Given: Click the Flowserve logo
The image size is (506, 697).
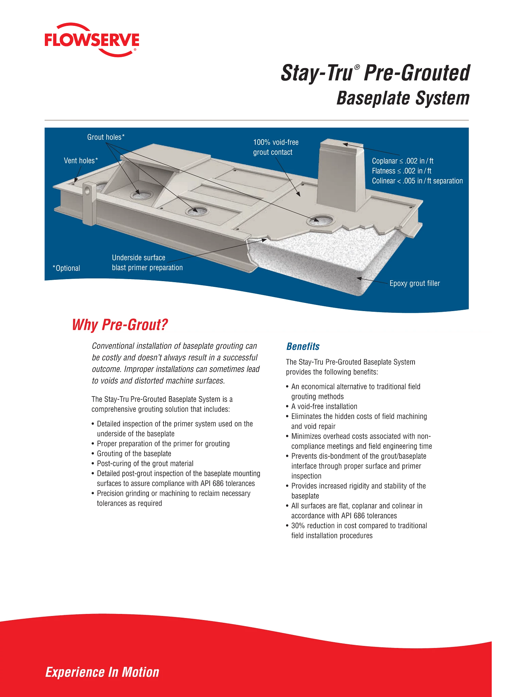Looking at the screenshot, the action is (92, 40).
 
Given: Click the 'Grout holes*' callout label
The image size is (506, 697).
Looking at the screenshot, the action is (106, 137).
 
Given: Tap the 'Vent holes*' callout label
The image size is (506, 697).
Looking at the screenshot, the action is (81, 161).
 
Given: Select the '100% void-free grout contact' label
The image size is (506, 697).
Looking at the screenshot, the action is (276, 147).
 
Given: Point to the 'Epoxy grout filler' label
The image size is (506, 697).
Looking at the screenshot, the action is (415, 283).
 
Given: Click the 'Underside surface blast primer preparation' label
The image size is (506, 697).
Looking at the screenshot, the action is (147, 262).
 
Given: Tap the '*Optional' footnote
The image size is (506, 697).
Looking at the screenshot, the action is (66, 268).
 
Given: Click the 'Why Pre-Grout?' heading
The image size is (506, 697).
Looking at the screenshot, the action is (120, 325).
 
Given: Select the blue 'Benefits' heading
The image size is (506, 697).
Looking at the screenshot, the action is (303, 346).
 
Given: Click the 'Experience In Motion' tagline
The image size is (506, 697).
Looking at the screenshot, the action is (102, 672).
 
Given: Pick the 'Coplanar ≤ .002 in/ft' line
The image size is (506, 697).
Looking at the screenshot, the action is (403, 161).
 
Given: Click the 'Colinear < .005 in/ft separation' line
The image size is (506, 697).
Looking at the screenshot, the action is (417, 181).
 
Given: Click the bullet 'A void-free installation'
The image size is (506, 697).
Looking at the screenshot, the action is (321, 406).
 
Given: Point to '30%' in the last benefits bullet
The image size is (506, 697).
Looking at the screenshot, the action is (298, 526).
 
